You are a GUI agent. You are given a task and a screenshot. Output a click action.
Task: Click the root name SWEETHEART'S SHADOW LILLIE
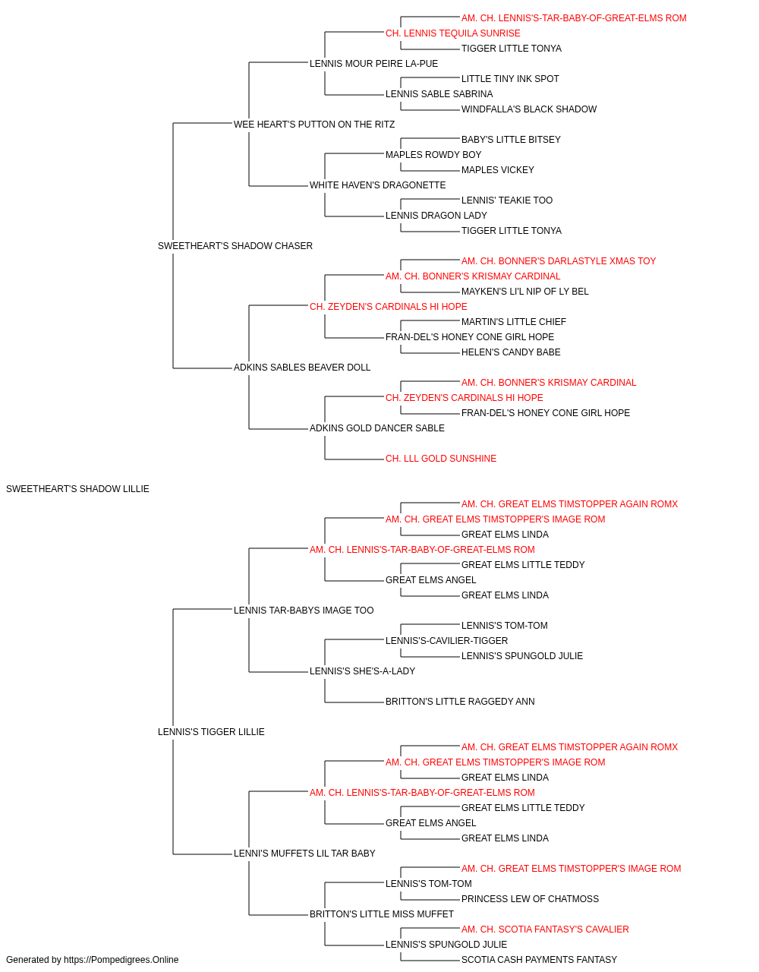click(x=77, y=489)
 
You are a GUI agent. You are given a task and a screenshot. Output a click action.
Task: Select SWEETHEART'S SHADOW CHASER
click(x=235, y=245)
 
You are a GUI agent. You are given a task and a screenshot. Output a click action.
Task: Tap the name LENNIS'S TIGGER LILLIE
click(x=211, y=732)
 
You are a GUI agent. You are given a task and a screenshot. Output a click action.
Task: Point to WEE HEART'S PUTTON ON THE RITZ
click(x=314, y=125)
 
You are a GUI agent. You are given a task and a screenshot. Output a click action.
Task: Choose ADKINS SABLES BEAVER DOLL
click(x=302, y=368)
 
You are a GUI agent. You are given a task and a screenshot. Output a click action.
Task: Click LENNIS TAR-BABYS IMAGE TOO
click(x=304, y=610)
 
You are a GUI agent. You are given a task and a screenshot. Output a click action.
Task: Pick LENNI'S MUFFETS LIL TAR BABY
click(x=304, y=853)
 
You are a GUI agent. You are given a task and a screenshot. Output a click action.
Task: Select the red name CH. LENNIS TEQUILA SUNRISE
click(x=453, y=33)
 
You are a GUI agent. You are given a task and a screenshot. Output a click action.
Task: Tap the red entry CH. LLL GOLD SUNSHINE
click(x=441, y=459)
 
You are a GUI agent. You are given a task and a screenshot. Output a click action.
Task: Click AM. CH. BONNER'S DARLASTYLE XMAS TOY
click(x=559, y=260)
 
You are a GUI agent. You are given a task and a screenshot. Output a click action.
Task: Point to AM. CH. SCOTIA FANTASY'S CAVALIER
click(x=545, y=929)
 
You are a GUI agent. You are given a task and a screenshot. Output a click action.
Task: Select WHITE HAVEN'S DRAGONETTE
click(x=378, y=185)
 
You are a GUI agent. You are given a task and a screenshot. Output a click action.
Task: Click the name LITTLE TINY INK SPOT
click(x=510, y=79)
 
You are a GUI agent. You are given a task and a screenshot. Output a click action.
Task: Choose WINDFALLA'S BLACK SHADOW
click(x=529, y=109)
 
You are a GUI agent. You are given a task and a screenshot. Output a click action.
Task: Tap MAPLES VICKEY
click(x=497, y=170)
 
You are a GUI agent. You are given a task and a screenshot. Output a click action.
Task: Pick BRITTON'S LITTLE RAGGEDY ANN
click(x=460, y=702)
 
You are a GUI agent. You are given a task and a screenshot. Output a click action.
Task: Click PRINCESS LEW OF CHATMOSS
click(x=530, y=898)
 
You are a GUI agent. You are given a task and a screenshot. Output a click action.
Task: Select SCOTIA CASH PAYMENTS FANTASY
click(x=539, y=960)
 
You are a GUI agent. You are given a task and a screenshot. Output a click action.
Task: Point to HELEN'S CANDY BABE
click(x=511, y=352)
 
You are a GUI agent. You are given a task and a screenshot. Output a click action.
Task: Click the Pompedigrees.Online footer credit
click(x=92, y=960)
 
